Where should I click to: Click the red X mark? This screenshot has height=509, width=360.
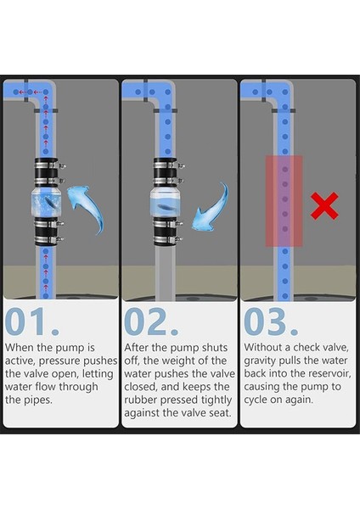pyautogui.click(x=324, y=206)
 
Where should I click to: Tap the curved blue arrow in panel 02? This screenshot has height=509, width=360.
pyautogui.click(x=211, y=208)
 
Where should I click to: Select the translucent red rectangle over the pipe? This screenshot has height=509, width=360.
pyautogui.click(x=284, y=201)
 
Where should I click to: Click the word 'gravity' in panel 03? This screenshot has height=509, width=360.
pyautogui.click(x=259, y=361)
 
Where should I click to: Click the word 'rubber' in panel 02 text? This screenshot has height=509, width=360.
pyautogui.click(x=140, y=400)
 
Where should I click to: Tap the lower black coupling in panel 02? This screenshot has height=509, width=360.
pyautogui.click(x=166, y=231)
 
